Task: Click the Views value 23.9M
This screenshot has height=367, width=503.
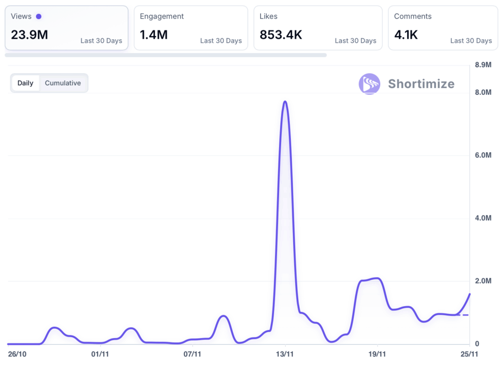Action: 29,35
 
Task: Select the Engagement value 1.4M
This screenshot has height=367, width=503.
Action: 154,35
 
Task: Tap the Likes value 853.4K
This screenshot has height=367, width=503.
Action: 281,35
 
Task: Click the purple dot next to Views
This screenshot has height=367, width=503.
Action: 39,17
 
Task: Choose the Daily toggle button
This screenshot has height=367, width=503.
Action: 26,83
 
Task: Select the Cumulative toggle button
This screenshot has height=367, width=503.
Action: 63,83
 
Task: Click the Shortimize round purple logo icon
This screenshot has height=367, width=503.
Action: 369,84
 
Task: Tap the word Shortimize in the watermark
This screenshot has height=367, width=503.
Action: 421,84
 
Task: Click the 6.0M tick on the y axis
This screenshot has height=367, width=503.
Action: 483,155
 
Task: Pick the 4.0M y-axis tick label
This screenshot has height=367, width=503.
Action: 483,218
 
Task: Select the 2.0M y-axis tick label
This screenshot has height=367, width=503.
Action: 483,281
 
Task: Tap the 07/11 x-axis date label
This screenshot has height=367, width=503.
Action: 192,354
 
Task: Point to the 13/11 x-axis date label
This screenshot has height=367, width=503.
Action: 285,354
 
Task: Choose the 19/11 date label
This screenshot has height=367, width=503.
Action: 377,354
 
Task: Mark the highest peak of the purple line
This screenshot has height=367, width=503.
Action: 285,102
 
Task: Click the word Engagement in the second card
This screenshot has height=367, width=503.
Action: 162,17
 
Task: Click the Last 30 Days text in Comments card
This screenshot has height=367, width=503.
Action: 471,41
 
